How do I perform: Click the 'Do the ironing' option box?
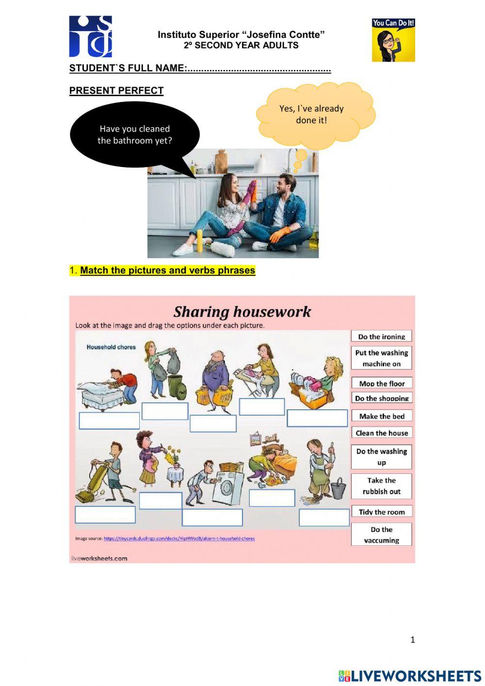[x=381, y=336]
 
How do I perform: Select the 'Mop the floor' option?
[x=382, y=383]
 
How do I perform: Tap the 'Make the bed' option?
[x=382, y=416]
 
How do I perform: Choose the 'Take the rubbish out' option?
[x=382, y=486]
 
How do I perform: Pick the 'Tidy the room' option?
[x=382, y=512]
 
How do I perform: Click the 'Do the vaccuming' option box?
[x=382, y=535]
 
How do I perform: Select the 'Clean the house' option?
[x=382, y=433]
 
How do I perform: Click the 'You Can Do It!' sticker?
[x=393, y=40]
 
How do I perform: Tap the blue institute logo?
[x=91, y=36]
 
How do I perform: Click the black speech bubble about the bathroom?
[x=135, y=135]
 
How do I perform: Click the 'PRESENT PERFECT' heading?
[x=116, y=91]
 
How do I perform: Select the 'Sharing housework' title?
[x=242, y=312]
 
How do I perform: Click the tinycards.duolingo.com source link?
[x=179, y=538]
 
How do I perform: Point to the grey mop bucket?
[x=339, y=488]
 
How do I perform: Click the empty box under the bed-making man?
[x=109, y=420]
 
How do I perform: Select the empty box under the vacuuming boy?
[x=105, y=515]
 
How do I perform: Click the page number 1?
[x=413, y=639]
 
